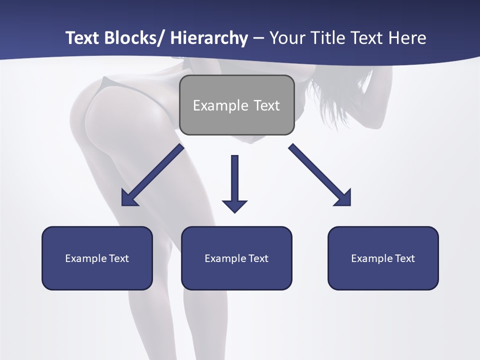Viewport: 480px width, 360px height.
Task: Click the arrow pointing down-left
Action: [152, 175]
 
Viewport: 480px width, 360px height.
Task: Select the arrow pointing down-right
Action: [320, 175]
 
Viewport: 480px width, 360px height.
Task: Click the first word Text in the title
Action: [82, 38]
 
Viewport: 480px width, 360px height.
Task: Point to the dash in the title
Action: [258, 38]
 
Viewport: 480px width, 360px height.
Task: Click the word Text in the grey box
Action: [266, 106]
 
